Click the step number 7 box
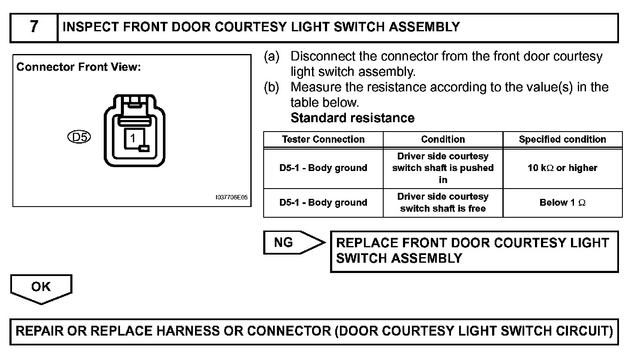coord(34,27)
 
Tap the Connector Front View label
coord(78,67)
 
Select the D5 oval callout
coord(79,137)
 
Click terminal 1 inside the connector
coord(133,138)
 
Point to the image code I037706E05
coord(231,198)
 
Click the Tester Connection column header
coord(323,139)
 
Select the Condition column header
coord(443,139)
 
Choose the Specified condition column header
coord(562,139)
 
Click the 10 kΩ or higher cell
coord(562,168)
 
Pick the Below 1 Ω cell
coord(562,203)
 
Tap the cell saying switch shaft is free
coord(443,203)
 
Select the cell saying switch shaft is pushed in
coord(443,168)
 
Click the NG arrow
coord(291,243)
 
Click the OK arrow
coord(41,288)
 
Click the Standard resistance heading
coord(352,118)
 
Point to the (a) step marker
coord(271,57)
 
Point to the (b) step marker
coord(271,87)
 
